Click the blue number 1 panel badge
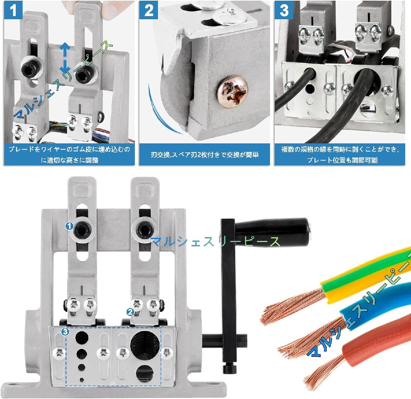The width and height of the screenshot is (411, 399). (13, 10)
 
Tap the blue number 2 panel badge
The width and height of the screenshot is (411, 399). (149, 10)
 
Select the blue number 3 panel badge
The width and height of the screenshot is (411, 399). (284, 10)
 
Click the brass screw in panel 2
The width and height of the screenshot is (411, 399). (233, 92)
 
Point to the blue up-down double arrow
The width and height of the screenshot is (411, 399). (65, 57)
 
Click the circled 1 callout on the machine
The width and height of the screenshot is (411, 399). (69, 226)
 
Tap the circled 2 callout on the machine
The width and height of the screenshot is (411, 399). (130, 312)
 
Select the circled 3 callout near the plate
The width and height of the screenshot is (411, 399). (65, 332)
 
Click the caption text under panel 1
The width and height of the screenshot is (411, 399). (70, 155)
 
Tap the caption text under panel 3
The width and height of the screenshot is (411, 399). (340, 155)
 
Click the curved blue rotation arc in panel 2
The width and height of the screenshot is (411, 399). (161, 110)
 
